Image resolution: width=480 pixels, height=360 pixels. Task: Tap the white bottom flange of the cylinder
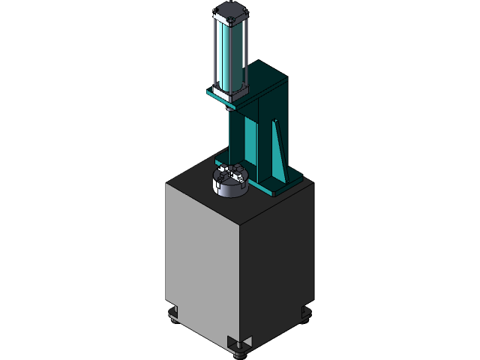point(228,93)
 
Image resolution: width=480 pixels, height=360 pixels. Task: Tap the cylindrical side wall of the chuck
point(228,189)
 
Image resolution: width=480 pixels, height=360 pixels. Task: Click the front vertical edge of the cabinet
point(240,285)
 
